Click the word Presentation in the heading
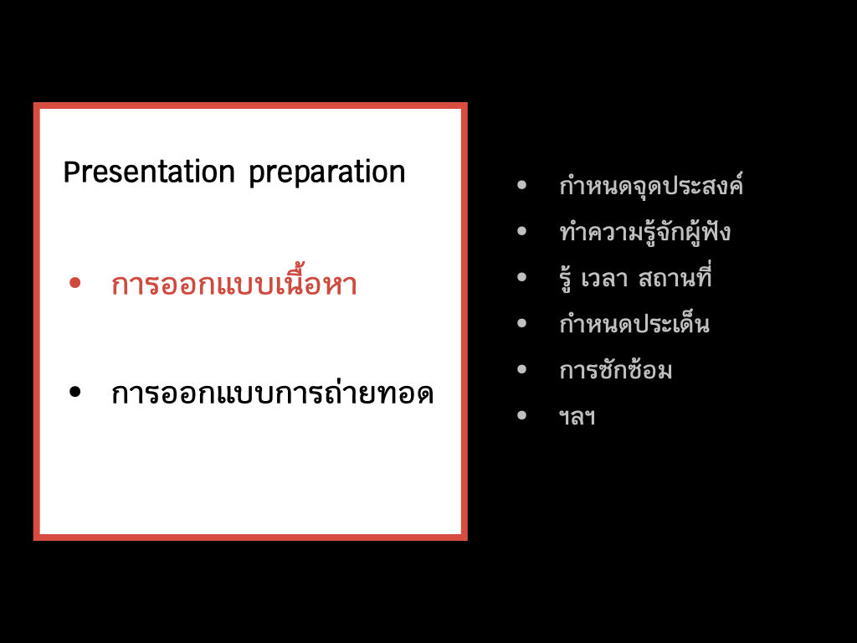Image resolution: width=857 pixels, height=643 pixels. point(149,172)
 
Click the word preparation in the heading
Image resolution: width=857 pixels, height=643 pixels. point(327,173)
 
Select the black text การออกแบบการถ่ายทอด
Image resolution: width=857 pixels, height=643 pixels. point(272,392)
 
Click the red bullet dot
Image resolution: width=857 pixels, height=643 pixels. point(75,283)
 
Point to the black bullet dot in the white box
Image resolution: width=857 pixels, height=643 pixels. point(75,392)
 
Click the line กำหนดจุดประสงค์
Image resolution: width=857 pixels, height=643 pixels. point(651,185)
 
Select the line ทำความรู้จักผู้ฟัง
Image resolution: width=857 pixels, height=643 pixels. point(645,232)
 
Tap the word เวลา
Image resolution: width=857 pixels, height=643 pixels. point(604,279)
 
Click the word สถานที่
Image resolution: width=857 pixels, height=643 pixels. point(675,276)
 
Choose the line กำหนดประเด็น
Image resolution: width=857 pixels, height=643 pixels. point(634,322)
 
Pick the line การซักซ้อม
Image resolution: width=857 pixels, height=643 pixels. point(615,369)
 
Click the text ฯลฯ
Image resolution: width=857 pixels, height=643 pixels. point(577,418)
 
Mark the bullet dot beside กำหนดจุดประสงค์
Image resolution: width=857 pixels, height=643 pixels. point(522,185)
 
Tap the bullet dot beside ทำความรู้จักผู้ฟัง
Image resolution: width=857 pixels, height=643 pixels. point(522,231)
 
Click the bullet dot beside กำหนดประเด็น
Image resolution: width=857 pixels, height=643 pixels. point(522,324)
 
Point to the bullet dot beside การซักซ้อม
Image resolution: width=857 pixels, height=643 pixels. point(522,369)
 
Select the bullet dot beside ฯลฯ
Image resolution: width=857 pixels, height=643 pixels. point(522,415)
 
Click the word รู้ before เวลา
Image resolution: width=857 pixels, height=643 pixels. point(565,279)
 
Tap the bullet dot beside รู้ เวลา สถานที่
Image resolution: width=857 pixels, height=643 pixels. point(522,277)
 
